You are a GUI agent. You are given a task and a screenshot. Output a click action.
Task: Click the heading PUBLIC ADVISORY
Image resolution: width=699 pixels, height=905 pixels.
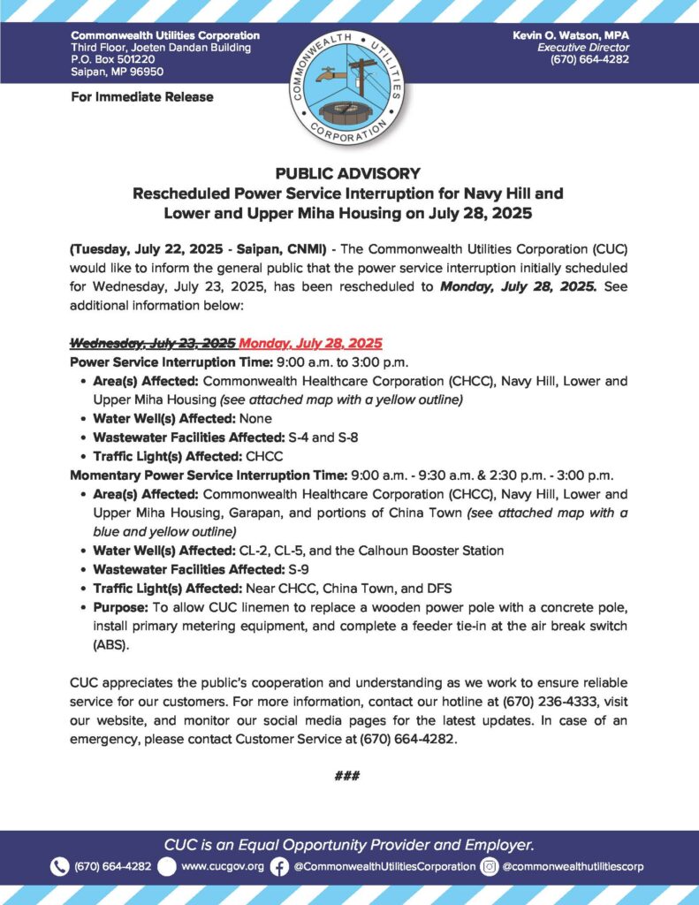pos(349,174)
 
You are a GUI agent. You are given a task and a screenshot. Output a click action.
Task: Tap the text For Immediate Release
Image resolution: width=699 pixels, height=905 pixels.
pos(141,96)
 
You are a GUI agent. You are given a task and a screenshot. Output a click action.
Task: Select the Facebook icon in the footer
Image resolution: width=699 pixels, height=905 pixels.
pos(279,866)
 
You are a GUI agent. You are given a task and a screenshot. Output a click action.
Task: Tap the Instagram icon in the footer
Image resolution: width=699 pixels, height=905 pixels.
pos(489,866)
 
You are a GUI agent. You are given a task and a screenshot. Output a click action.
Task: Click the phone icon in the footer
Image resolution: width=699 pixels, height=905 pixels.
pos(59,866)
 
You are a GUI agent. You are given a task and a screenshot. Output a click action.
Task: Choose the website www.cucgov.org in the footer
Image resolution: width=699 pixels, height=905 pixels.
pos(222,866)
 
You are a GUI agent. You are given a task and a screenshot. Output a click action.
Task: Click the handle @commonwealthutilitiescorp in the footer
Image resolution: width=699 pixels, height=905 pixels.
pos(573,866)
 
